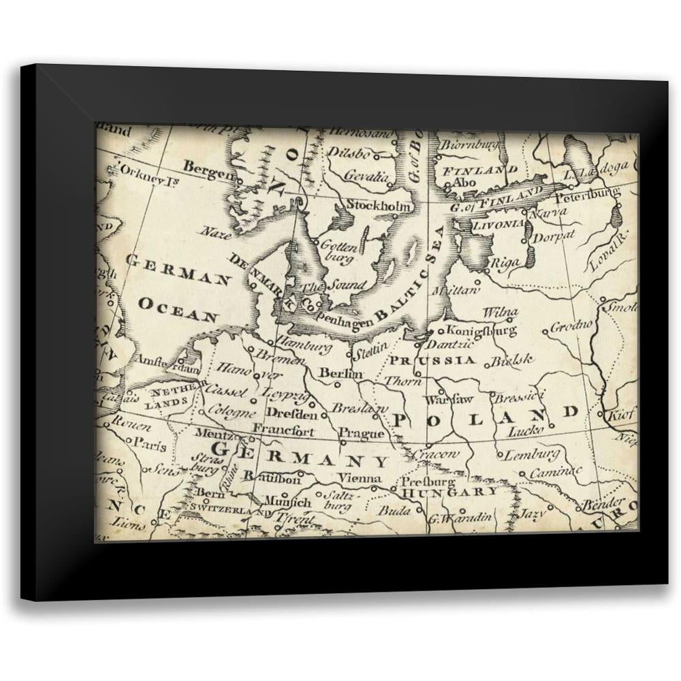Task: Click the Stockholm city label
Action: pyautogui.click(x=379, y=205)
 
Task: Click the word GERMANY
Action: pyautogui.click(x=300, y=455)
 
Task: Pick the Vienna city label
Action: pyautogui.click(x=360, y=478)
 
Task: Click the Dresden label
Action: pyautogui.click(x=291, y=414)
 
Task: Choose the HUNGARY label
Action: pyautogui.click(x=449, y=492)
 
